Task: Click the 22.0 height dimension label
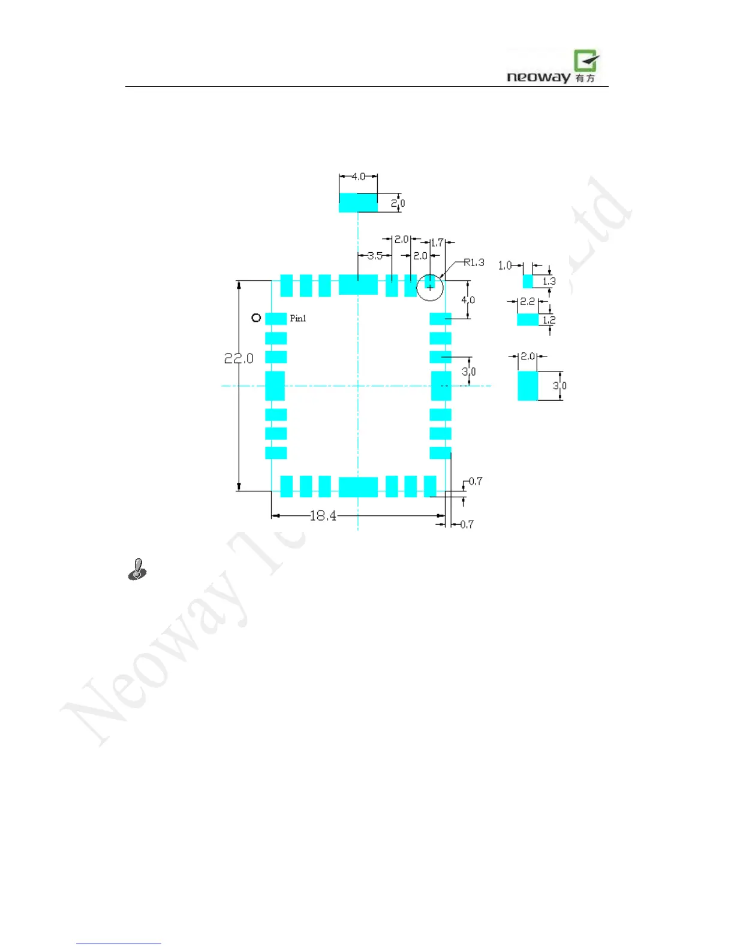click(x=239, y=358)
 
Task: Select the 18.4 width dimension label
click(x=323, y=516)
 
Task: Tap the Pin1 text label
click(x=298, y=318)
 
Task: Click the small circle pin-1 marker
click(x=256, y=318)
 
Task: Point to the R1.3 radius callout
click(x=474, y=262)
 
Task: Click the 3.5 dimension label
click(x=375, y=256)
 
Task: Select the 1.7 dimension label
click(x=437, y=243)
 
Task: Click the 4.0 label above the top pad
click(x=358, y=177)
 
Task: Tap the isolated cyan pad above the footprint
click(x=358, y=203)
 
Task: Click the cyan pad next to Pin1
click(x=276, y=319)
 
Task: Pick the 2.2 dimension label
click(x=527, y=301)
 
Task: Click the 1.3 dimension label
click(x=549, y=281)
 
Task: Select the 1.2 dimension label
click(x=549, y=320)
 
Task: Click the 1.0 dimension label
click(x=505, y=265)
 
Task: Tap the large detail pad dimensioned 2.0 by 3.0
click(x=528, y=386)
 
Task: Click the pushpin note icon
click(x=137, y=569)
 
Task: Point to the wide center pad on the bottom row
click(x=358, y=487)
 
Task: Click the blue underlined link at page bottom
click(x=119, y=944)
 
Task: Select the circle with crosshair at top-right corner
click(x=430, y=288)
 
